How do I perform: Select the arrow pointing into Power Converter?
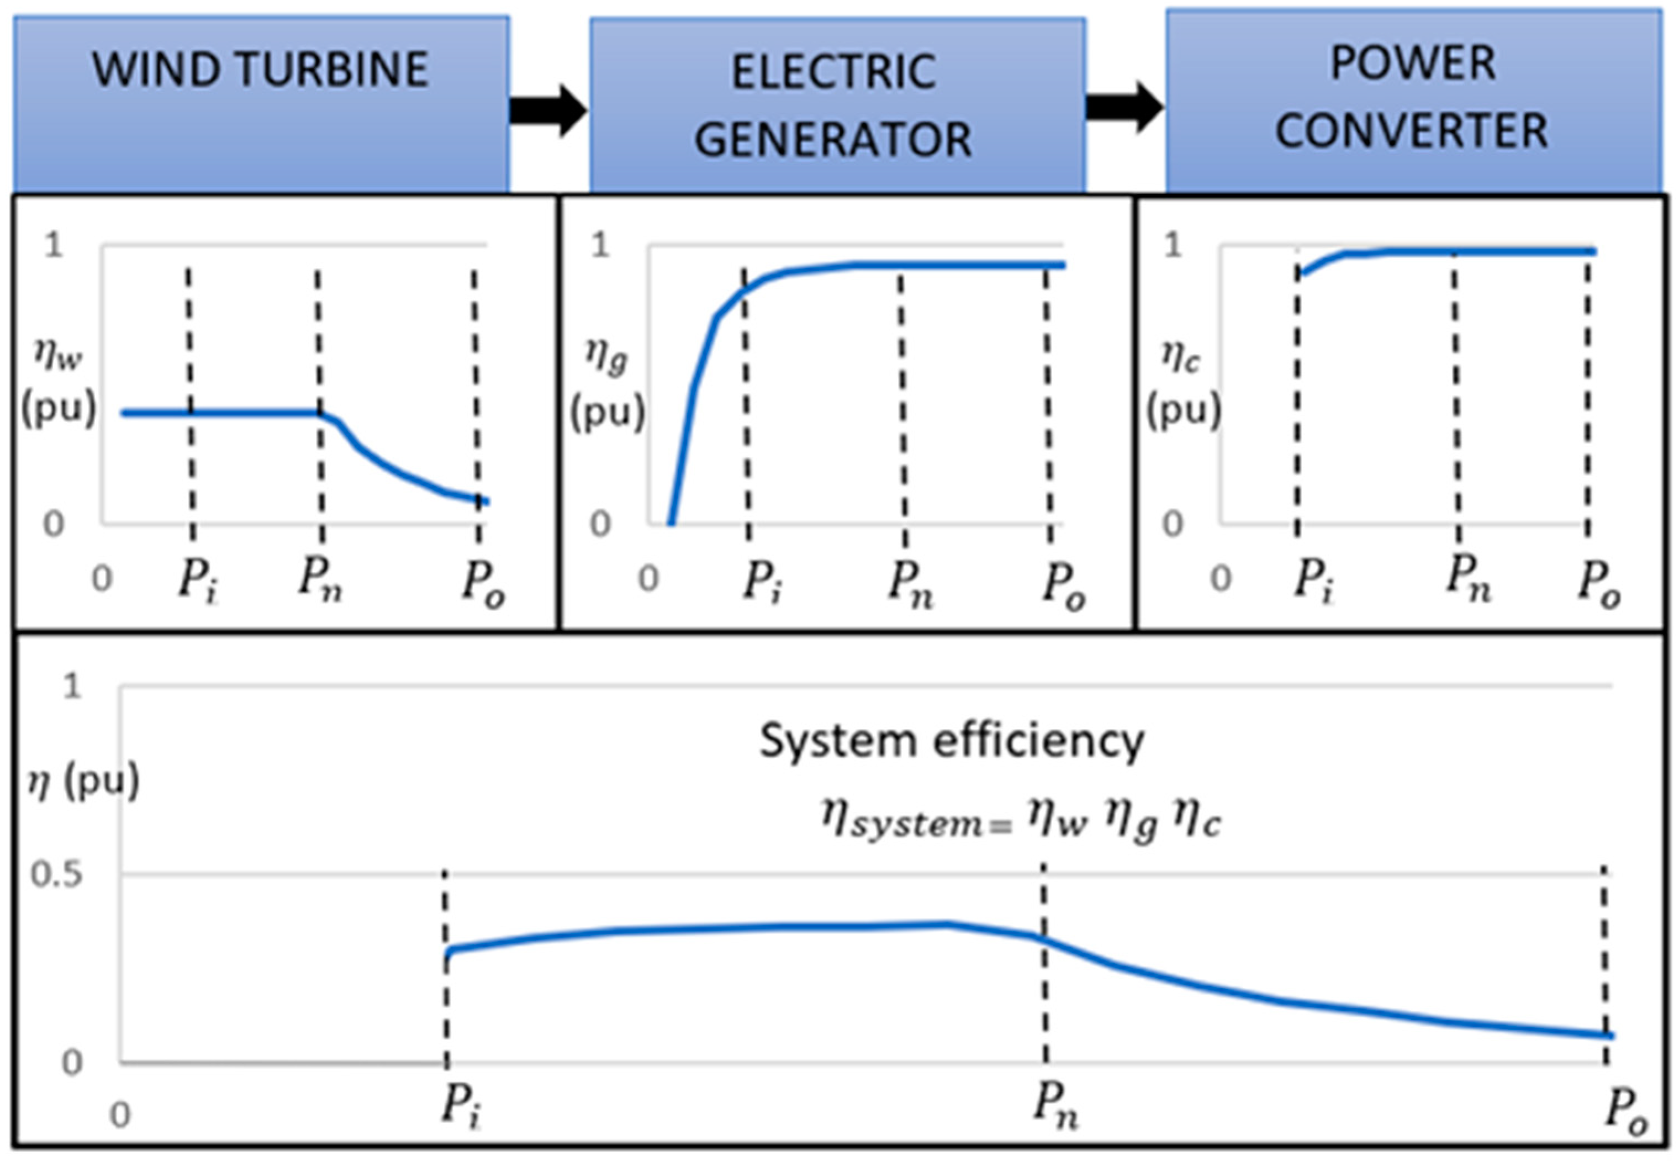[x=1124, y=108]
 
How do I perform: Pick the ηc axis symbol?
[x=1180, y=356]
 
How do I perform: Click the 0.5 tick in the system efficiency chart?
[x=56, y=874]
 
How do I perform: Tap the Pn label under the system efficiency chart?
[x=1055, y=1106]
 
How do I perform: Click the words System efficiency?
[x=952, y=741]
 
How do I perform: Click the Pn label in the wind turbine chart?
[x=321, y=580]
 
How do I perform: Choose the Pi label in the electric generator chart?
[x=762, y=582]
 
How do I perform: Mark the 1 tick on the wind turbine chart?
[x=54, y=246]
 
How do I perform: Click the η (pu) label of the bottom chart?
[x=82, y=782]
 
